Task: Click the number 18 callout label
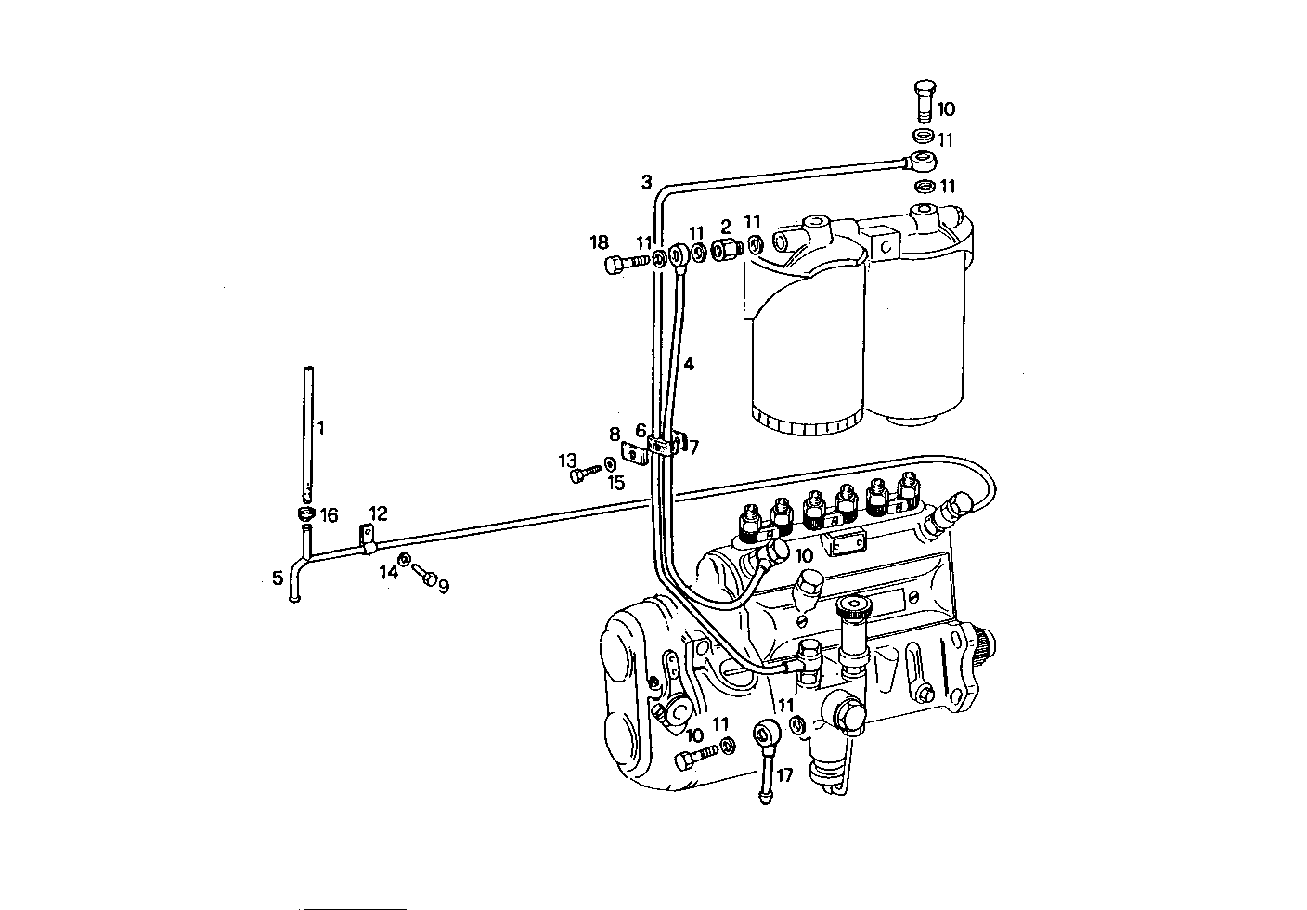coord(599,243)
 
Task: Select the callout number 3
coord(646,182)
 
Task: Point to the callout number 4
coord(688,364)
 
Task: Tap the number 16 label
coord(330,515)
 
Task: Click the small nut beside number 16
coord(305,514)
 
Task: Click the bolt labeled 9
coord(428,577)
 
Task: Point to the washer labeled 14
coord(405,559)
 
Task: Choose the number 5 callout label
coord(278,579)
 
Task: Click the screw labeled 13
coord(579,475)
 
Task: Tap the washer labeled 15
coord(607,463)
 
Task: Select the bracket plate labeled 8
coord(634,454)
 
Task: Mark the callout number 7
coord(693,448)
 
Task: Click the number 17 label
coord(784,775)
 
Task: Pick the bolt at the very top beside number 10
coord(921,100)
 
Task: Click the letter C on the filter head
coord(886,247)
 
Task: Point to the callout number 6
coord(641,431)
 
